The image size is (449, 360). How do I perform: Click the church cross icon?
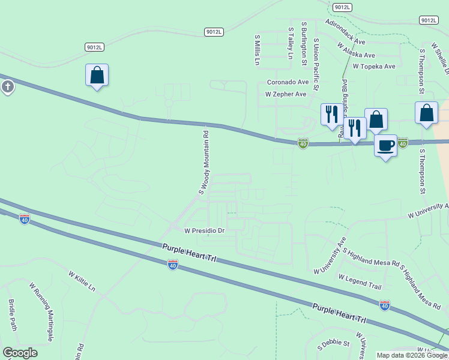point(7,87)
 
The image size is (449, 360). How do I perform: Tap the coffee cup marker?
point(385,145)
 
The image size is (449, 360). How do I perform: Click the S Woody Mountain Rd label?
point(204,163)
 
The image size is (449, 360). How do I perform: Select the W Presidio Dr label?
point(204,230)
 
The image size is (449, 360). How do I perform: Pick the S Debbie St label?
point(333,344)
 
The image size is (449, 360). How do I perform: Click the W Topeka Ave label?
point(374,67)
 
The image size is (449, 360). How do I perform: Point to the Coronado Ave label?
point(288,82)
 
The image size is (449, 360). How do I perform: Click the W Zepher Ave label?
point(286,94)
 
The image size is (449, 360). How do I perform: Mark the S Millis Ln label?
point(257,49)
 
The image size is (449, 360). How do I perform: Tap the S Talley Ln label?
point(290,43)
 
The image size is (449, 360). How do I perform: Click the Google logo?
point(20,353)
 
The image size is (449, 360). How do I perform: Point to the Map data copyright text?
point(411,355)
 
